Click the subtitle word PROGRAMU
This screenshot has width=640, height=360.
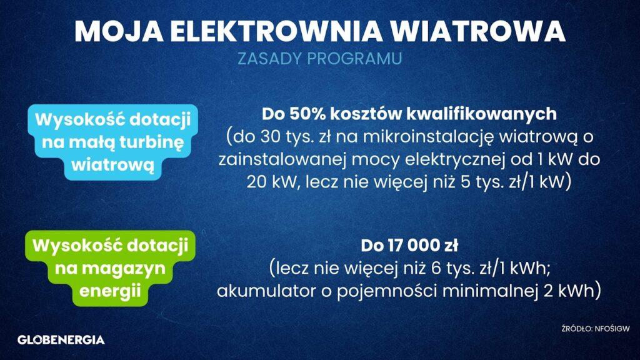tap(354, 58)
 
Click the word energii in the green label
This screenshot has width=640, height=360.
tap(110, 291)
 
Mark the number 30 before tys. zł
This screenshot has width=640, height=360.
tap(270, 137)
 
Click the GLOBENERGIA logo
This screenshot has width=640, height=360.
tap(61, 340)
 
